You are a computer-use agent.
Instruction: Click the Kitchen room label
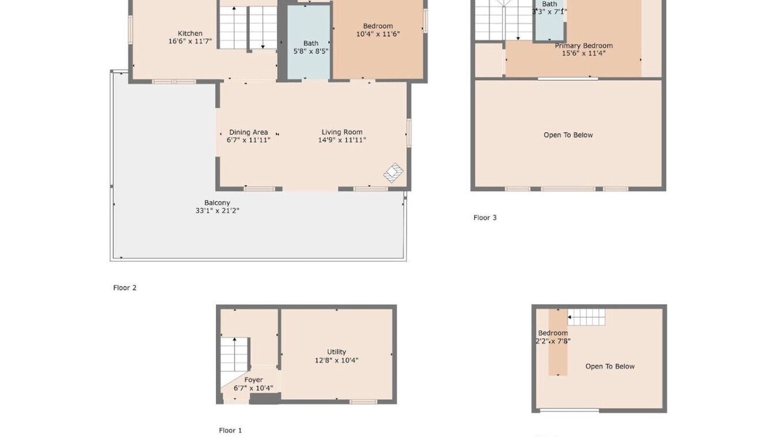[190, 33]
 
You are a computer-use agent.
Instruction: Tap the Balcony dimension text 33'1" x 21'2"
[218, 211]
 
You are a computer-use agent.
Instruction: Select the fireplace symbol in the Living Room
[393, 173]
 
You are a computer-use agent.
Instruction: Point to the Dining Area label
[249, 132]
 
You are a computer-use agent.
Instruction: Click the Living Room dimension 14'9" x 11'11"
[342, 140]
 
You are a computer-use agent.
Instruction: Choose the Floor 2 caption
[125, 288]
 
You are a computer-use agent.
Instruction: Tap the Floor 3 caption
[485, 217]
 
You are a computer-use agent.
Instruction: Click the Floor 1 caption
[230, 430]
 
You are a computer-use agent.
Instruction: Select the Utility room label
[337, 351]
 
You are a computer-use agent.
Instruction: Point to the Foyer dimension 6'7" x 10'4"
[253, 388]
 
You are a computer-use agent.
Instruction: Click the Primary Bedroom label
[583, 46]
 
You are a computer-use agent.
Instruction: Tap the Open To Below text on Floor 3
[568, 135]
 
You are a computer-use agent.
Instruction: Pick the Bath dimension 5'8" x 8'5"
[311, 52]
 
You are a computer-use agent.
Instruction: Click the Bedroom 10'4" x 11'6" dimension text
[378, 34]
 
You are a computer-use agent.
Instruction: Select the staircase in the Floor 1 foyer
[235, 354]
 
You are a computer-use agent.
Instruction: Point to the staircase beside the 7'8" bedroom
[587, 317]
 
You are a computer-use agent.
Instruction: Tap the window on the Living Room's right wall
[409, 133]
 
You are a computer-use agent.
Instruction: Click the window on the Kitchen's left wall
[131, 30]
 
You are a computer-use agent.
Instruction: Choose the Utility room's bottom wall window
[363, 402]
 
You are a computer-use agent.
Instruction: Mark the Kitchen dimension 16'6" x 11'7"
[190, 41]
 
